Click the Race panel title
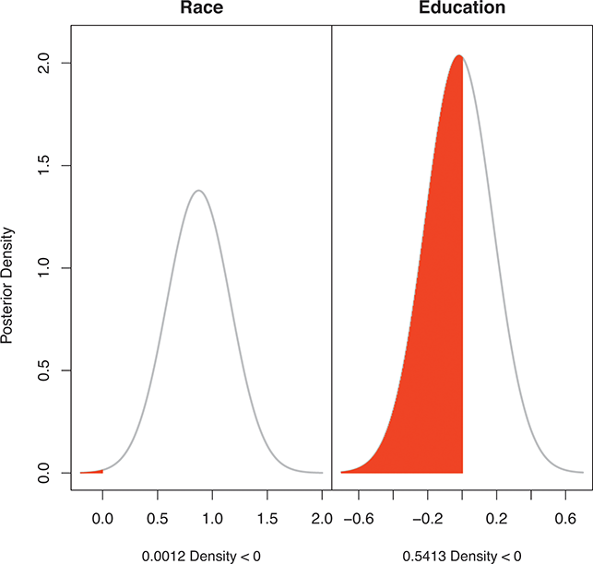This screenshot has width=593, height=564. pos(198,8)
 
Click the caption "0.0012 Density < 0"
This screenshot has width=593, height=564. pos(198,556)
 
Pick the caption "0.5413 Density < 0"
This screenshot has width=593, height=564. pos(461,556)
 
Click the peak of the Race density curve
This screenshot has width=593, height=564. pos(198,191)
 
